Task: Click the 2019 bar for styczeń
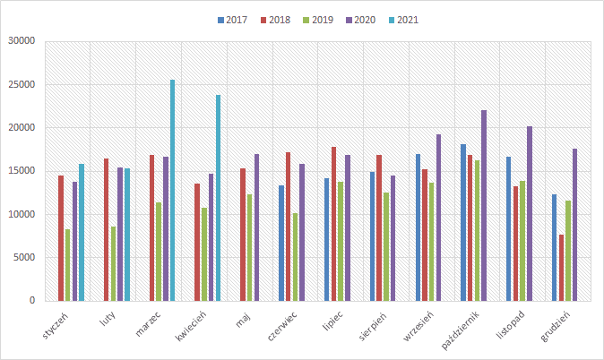[x=67, y=265]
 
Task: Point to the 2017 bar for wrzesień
[x=418, y=227]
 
